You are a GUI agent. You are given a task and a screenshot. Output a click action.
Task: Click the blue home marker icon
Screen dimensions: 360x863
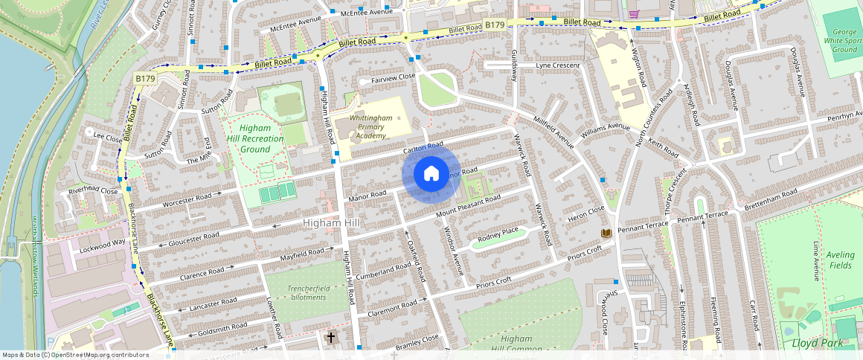431,174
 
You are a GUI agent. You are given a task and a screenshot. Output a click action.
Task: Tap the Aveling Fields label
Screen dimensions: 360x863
841,260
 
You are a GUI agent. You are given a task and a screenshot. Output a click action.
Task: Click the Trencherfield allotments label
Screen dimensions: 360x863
298,292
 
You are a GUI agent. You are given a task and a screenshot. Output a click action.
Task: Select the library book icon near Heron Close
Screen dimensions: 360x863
606,234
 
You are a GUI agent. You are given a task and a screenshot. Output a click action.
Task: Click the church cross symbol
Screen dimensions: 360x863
331,338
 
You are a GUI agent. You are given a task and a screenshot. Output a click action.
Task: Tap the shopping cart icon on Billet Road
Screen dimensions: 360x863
634,13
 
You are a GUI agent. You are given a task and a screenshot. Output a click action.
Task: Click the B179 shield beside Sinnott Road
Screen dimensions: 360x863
145,78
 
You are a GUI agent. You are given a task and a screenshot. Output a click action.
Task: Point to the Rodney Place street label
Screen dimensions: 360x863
498,236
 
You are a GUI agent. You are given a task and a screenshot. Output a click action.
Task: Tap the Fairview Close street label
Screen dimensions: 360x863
387,77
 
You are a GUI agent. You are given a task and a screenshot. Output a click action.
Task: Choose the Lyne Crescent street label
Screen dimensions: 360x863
557,65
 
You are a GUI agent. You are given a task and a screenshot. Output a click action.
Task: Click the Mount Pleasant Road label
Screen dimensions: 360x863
468,208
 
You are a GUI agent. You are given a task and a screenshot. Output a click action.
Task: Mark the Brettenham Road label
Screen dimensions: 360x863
771,198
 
